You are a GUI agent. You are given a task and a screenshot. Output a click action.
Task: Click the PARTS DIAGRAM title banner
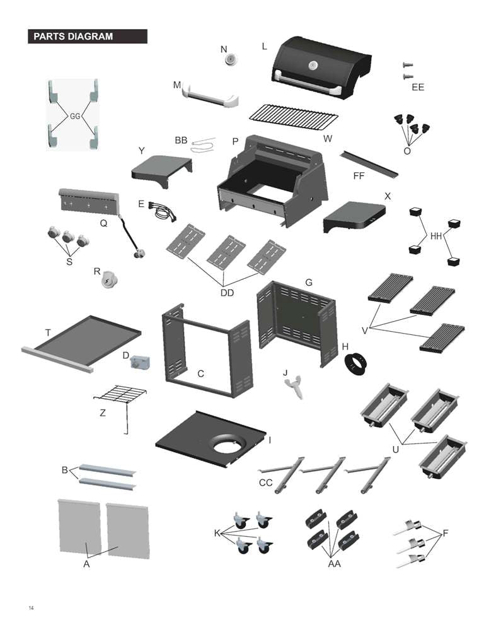click(88, 37)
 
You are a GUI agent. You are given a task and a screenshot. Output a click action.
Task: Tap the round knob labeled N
click(231, 59)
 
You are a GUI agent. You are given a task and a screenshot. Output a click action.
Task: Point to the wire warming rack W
click(293, 116)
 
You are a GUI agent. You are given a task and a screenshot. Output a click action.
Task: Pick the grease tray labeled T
click(82, 341)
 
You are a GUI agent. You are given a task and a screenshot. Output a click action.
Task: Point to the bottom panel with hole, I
click(212, 438)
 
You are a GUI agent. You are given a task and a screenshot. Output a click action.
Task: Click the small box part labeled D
click(139, 363)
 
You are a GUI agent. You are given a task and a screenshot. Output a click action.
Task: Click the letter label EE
click(418, 87)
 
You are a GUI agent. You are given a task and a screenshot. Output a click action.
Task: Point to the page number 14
click(30, 608)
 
